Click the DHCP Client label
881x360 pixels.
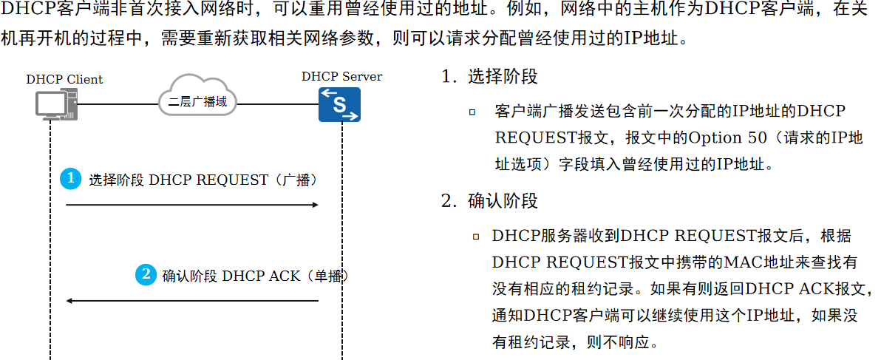tap(64, 79)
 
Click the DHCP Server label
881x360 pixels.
tap(341, 77)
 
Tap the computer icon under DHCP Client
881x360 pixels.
tap(56, 104)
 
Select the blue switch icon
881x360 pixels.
tap(339, 105)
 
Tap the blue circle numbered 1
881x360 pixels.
tap(71, 179)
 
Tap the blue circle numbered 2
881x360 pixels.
tap(146, 275)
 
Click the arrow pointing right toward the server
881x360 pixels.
tap(192, 204)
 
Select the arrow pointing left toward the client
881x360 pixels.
tap(192, 301)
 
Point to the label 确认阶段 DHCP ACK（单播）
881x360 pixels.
tap(254, 276)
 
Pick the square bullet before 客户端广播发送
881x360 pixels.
tap(472, 112)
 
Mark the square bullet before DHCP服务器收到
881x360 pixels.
tap(476, 237)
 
